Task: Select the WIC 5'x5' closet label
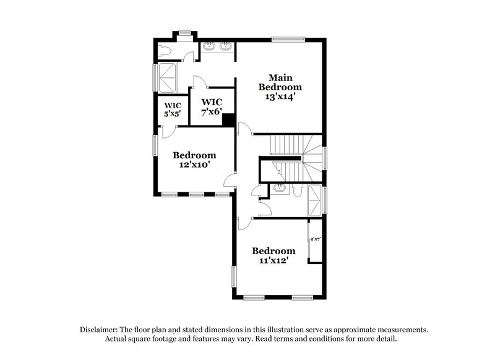pyautogui.click(x=171, y=109)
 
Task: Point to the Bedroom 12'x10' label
pyautogui.click(x=194, y=160)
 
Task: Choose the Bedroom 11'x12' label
pyautogui.click(x=273, y=255)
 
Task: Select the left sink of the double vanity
pyautogui.click(x=209, y=46)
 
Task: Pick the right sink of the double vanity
pyautogui.click(x=226, y=46)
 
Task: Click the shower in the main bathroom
pyautogui.click(x=168, y=77)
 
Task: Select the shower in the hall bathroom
pyautogui.click(x=314, y=200)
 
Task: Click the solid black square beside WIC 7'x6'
pyautogui.click(x=228, y=120)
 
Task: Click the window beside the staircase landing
pyautogui.click(x=324, y=157)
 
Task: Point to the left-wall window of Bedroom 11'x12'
pyautogui.click(x=235, y=276)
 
